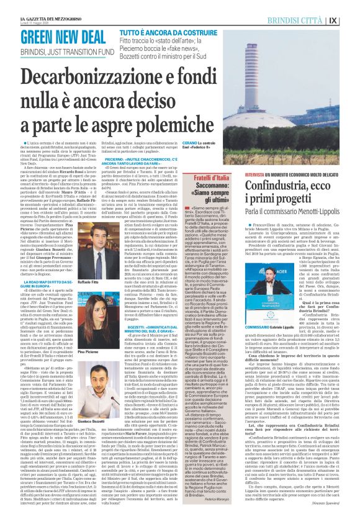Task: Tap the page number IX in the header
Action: [351, 19]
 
